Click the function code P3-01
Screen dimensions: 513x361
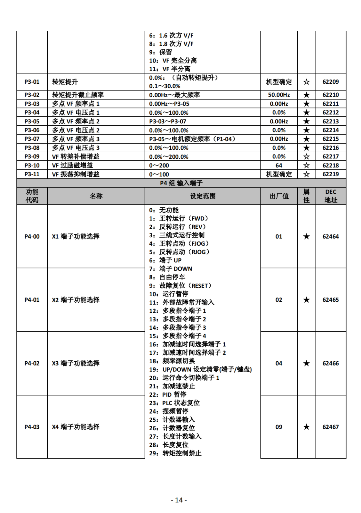coord(32,82)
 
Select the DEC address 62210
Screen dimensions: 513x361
coord(330,95)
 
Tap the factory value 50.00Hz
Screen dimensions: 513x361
coord(279,95)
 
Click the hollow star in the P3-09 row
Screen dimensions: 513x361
coord(306,156)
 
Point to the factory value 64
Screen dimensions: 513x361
coord(279,165)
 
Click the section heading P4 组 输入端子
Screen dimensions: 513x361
coord(181,183)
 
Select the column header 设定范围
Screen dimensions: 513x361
coord(203,196)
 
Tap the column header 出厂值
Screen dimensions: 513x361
coord(279,196)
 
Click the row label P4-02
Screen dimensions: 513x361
coord(32,363)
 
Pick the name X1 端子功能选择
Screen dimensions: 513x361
coord(76,236)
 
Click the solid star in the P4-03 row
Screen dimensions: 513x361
coord(306,427)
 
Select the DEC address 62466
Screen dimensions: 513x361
coord(330,363)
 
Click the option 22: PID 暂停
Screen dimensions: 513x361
coord(168,394)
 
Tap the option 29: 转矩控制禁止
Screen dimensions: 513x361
coord(175,453)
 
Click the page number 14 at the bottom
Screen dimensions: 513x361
coord(179,500)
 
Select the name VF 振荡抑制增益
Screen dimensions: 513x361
coord(76,174)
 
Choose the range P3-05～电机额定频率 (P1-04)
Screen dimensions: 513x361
coord(192,139)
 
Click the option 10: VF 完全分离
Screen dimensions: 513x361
coord(173,60)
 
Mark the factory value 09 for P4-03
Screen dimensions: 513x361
coord(279,427)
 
